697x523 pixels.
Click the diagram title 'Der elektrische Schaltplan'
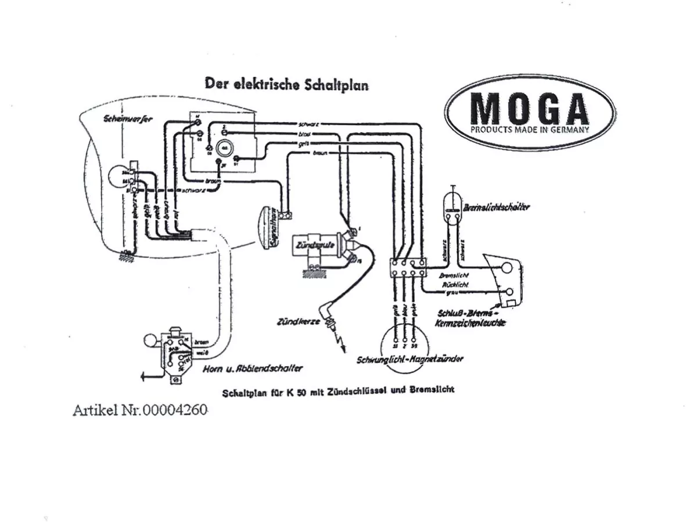(x=286, y=84)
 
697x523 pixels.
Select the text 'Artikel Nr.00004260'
(x=140, y=410)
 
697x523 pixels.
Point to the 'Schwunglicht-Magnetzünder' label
(x=410, y=359)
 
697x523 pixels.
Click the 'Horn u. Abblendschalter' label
(x=253, y=368)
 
